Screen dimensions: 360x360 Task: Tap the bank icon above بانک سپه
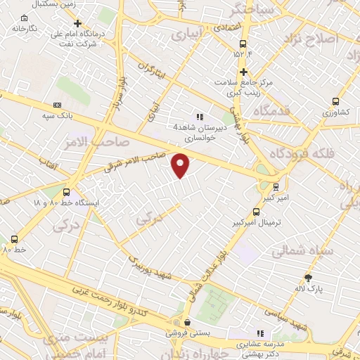[x=57, y=105]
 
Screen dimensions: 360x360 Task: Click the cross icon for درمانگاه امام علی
[x=78, y=22]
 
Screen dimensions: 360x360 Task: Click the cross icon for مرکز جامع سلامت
[x=243, y=72]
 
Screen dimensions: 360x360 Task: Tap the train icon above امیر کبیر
[x=275, y=187]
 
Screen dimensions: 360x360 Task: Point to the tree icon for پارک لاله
[x=307, y=278]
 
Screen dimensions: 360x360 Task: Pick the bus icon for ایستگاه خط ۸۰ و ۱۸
[x=66, y=192]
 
